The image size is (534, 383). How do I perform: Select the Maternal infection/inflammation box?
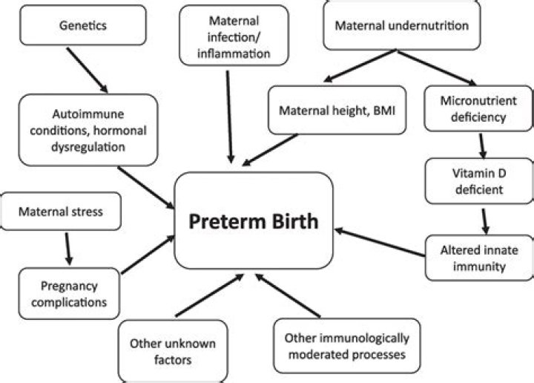(x=228, y=34)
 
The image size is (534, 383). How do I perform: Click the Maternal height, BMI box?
(x=337, y=111)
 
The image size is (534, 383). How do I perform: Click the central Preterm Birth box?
(x=251, y=220)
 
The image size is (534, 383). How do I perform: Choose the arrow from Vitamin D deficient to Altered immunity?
(x=484, y=219)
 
